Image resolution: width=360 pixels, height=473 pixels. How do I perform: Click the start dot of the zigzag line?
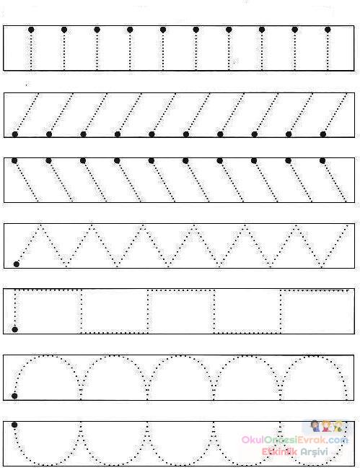17,264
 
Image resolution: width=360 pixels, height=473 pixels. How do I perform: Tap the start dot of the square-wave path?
14,329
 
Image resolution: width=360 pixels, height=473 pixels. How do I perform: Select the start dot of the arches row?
14,396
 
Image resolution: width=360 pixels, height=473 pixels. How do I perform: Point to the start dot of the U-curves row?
14,425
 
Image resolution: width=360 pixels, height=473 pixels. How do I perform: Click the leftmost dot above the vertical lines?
31,30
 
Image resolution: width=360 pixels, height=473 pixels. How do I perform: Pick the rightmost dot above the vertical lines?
328,30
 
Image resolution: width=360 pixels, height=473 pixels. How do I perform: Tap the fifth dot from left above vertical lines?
163,30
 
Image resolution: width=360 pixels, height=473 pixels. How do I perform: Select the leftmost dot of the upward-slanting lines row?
14,134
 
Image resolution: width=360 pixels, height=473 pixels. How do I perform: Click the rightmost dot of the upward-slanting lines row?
323,134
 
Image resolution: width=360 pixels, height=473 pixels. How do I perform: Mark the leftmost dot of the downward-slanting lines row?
14,160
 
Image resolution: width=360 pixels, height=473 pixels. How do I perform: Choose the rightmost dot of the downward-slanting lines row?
322,160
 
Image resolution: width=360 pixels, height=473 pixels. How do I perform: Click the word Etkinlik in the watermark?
279,451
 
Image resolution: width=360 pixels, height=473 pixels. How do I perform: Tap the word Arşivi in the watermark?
315,452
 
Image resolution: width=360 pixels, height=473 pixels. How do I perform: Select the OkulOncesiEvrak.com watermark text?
295,440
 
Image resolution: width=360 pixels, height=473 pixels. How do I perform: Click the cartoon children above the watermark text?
327,426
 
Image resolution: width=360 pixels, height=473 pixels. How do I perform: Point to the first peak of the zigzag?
40,225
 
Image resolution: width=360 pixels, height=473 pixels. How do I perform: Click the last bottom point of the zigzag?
322,266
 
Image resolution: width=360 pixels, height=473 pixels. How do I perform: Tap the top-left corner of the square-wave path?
15,290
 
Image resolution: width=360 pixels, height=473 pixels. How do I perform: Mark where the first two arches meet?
81,381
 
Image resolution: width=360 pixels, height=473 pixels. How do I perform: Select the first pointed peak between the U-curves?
81,423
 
